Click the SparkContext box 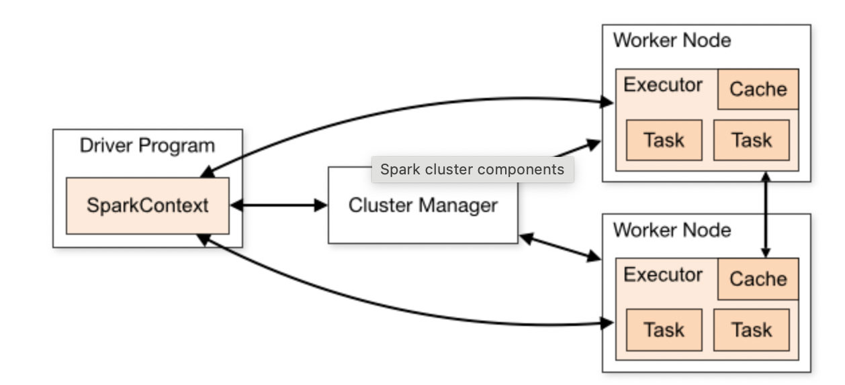click(x=147, y=205)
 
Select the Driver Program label click(x=147, y=146)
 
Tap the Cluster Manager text click(x=422, y=205)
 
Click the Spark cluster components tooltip click(x=472, y=169)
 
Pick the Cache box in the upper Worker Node click(x=758, y=89)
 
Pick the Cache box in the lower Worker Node click(x=758, y=279)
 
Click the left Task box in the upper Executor click(x=664, y=140)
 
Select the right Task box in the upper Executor click(x=751, y=140)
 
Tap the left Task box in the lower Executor click(x=664, y=330)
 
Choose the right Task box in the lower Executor click(x=751, y=330)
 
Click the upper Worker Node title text click(x=672, y=40)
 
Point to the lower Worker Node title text click(x=672, y=230)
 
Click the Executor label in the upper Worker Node click(x=663, y=85)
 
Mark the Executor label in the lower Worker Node click(x=663, y=275)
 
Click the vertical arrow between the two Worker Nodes click(x=765, y=215)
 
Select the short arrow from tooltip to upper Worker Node click(x=578, y=149)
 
